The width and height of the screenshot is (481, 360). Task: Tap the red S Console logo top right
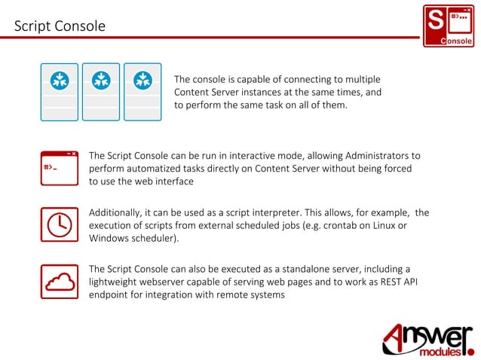click(x=448, y=26)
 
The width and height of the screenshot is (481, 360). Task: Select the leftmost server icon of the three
click(x=59, y=92)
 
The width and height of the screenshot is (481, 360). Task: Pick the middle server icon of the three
click(x=101, y=92)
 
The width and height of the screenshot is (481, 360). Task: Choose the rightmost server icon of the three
click(x=142, y=92)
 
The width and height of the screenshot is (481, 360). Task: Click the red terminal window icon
click(x=59, y=168)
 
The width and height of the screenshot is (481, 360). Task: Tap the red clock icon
click(x=59, y=223)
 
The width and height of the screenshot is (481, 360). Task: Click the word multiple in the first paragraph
click(x=360, y=79)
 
